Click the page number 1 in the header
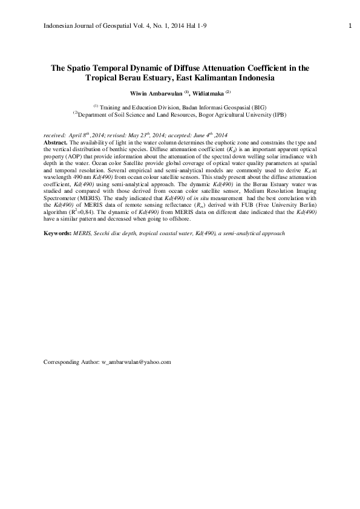point(350,25)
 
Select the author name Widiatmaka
point(208,94)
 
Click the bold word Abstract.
point(56,141)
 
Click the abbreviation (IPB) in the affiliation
point(278,114)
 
